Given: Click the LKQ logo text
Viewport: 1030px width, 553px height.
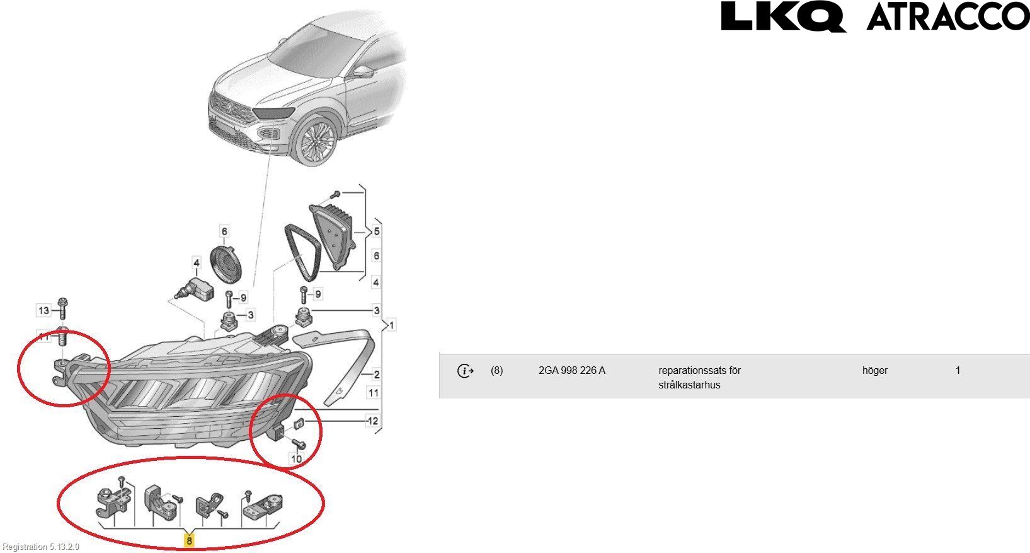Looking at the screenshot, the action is (783, 17).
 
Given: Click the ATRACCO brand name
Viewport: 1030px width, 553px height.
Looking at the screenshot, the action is (948, 16).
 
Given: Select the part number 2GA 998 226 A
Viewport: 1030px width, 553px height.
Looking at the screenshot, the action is (571, 370).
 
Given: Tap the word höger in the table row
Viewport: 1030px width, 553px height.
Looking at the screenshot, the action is (874, 370).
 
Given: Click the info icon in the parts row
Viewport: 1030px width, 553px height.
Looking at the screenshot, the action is (465, 371).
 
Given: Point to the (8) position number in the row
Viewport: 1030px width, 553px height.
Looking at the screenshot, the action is (496, 370).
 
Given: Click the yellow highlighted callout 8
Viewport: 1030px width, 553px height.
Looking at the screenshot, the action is (189, 540).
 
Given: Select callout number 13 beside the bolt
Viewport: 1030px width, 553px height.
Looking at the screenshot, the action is (43, 310).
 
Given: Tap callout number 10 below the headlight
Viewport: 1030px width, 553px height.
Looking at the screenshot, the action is (296, 458).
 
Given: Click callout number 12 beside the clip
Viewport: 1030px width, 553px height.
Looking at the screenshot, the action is (372, 421).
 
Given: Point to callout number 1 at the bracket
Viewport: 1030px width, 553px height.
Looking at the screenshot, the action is (391, 325).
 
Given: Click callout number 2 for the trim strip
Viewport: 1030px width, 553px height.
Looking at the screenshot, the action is (376, 374).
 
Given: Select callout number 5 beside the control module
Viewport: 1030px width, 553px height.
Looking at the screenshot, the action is (376, 231).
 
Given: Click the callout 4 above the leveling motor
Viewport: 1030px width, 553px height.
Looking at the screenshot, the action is (197, 263).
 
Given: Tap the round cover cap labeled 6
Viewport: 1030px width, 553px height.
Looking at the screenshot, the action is (226, 265).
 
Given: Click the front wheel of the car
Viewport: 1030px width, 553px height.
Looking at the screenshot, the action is (316, 141).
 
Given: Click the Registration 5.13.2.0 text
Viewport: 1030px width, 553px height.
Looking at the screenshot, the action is (40, 547).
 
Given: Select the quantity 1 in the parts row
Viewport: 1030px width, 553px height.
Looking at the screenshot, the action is (958, 370).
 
